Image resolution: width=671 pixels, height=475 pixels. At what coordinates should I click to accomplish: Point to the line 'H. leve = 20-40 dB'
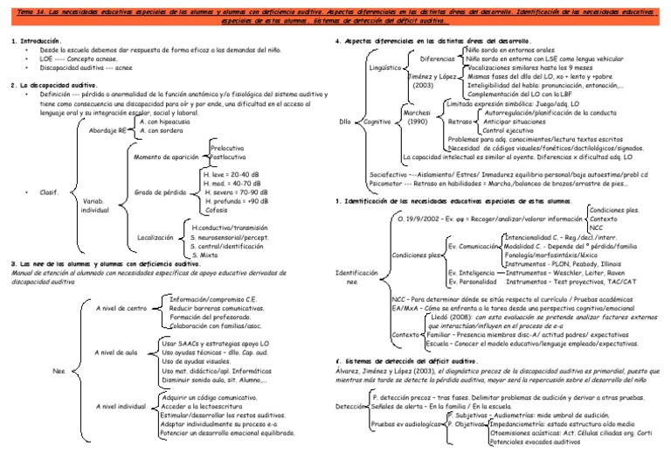pyautogui.click(x=230, y=175)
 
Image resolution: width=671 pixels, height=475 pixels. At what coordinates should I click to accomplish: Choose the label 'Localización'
pyautogui.click(x=156, y=237)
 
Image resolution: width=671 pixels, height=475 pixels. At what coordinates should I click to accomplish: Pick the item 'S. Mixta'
pyautogui.click(x=205, y=255)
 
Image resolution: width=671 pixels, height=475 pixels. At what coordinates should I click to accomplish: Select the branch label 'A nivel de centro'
pyautogui.click(x=120, y=308)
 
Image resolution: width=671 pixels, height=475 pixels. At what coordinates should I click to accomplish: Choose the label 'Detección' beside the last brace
pyautogui.click(x=351, y=407)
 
